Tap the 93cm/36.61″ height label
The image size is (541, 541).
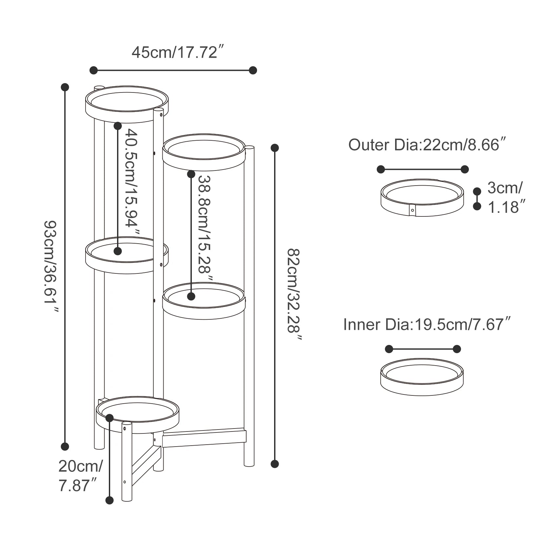(x=51, y=266)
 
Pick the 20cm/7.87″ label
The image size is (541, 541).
(x=81, y=475)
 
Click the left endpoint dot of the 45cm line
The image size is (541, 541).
(x=94, y=70)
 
